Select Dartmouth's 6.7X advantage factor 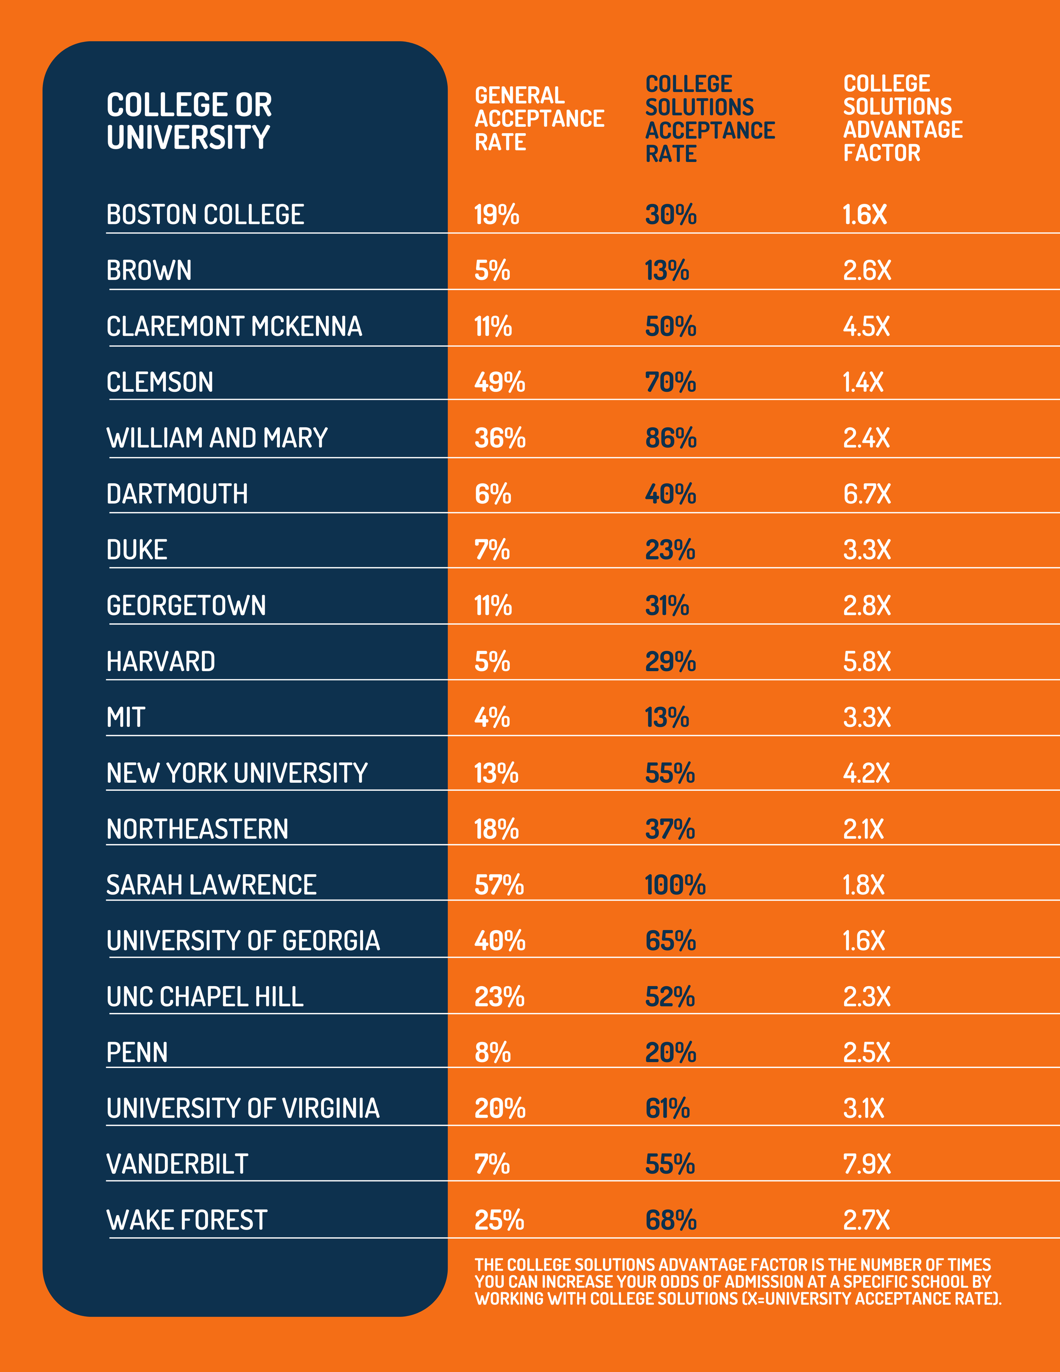click(x=867, y=494)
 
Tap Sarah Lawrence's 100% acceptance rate click(x=675, y=885)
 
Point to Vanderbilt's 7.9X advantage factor click(x=867, y=1164)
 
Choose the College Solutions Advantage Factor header click(x=902, y=118)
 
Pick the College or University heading click(x=189, y=120)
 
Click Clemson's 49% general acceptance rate click(x=499, y=382)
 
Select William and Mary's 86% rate click(x=670, y=438)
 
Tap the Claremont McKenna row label click(x=234, y=326)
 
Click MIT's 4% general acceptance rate click(x=492, y=717)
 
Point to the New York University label click(x=237, y=773)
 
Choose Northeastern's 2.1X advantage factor click(x=863, y=829)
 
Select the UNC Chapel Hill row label click(x=205, y=997)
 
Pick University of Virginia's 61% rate click(x=667, y=1109)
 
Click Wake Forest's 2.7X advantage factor click(x=867, y=1220)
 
